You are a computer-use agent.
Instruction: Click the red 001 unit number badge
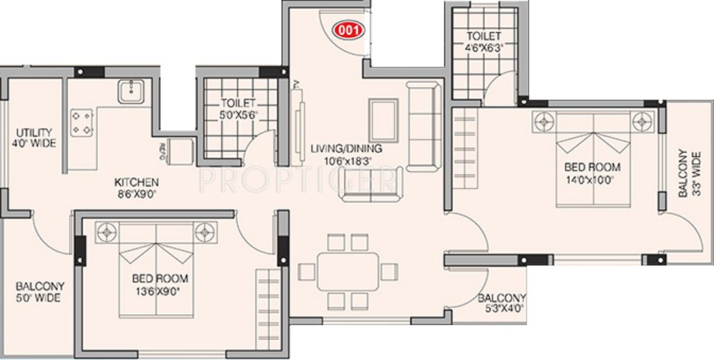point(348,30)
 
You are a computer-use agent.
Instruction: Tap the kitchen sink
point(130,91)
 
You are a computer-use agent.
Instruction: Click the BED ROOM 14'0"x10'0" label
point(592,173)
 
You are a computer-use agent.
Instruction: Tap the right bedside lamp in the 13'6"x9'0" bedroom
point(207,231)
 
